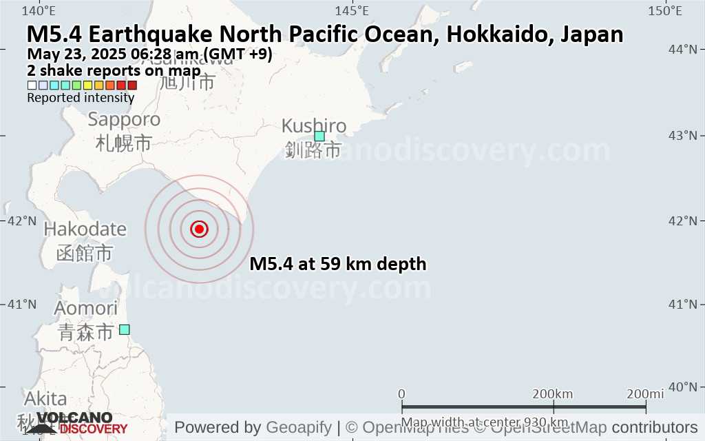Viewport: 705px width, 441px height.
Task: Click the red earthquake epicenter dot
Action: (199, 229)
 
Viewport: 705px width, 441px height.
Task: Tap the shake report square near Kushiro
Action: (319, 136)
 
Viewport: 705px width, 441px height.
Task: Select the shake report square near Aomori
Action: (124, 329)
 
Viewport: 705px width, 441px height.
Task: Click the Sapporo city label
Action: (124, 120)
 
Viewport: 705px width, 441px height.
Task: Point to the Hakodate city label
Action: (85, 229)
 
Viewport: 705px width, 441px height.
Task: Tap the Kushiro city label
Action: (314, 127)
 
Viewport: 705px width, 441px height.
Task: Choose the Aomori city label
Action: (86, 309)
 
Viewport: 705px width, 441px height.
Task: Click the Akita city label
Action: (45, 399)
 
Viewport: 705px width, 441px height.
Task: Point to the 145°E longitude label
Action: (352, 10)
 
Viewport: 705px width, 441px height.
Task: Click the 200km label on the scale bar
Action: (553, 393)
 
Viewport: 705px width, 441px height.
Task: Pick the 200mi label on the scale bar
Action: (644, 393)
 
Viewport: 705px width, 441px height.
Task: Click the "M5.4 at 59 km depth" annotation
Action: (337, 264)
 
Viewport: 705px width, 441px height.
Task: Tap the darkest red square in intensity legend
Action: (132, 85)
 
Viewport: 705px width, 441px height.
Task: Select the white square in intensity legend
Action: (32, 85)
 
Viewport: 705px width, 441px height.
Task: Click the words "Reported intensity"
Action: (81, 98)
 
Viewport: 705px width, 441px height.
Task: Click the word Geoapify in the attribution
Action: (299, 427)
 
